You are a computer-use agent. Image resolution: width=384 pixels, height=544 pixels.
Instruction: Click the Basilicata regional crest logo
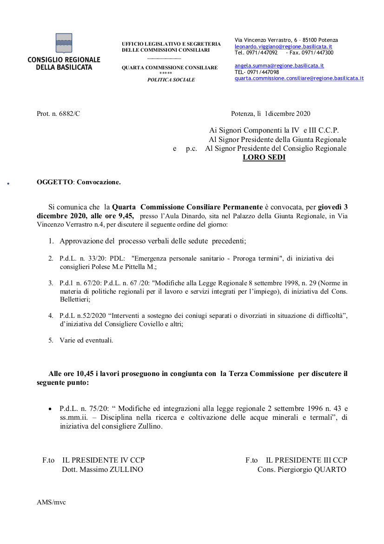64,43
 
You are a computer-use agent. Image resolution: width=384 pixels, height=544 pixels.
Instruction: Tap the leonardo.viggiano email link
283,47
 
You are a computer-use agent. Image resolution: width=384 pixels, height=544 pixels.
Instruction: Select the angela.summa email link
279,66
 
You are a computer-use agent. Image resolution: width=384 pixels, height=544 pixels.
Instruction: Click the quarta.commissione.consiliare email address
299,78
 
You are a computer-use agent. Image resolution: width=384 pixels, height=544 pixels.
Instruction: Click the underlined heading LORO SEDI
264,157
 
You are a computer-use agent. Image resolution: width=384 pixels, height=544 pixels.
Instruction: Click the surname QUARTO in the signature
331,470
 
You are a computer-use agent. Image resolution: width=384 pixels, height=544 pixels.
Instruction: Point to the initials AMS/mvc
51,502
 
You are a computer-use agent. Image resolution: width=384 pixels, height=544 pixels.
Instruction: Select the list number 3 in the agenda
51,283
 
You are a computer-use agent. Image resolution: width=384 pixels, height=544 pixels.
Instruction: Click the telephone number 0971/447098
263,72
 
